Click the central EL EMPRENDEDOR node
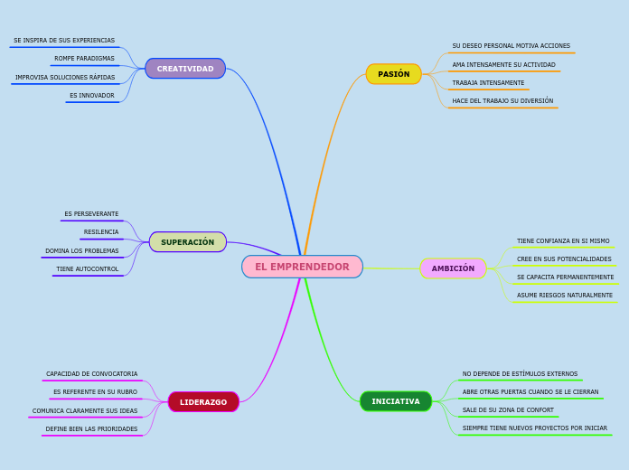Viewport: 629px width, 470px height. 302,267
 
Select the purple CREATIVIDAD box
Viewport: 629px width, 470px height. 185,69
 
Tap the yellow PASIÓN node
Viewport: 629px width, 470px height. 393,74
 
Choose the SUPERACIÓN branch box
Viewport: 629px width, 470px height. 187,242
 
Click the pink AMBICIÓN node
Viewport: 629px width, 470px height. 453,268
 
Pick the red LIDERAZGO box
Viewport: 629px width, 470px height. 203,402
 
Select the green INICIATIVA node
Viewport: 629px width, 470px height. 396,401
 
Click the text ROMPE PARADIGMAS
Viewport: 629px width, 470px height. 84,59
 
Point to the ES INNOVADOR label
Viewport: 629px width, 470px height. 92,96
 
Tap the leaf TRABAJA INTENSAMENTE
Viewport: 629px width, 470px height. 488,83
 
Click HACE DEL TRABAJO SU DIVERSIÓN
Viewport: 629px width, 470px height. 502,101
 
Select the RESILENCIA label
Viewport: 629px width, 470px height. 101,232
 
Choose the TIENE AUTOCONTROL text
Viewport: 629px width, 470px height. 88,269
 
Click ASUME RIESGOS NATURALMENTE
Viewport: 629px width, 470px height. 564,296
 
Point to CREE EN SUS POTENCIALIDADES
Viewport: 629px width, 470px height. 564,259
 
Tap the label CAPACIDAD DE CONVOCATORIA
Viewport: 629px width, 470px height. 92,374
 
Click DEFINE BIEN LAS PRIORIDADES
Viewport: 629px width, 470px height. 92,429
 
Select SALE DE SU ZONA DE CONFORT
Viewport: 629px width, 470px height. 508,410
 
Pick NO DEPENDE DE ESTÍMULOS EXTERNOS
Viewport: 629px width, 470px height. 520,374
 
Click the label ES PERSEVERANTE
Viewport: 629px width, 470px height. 91,214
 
